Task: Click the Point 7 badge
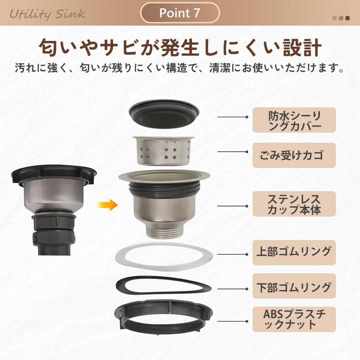[x=180, y=13]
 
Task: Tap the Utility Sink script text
[x=47, y=14]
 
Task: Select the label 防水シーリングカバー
[x=294, y=120]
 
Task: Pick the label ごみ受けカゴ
[x=294, y=155]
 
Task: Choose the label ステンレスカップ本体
[x=294, y=204]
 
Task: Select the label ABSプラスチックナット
[x=294, y=319]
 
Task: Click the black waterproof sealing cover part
[x=164, y=115]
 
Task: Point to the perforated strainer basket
[x=164, y=150]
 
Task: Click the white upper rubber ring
[x=164, y=257]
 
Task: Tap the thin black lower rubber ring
[x=164, y=286]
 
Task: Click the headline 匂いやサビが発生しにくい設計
[x=180, y=48]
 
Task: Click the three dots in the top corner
[x=341, y=18]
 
